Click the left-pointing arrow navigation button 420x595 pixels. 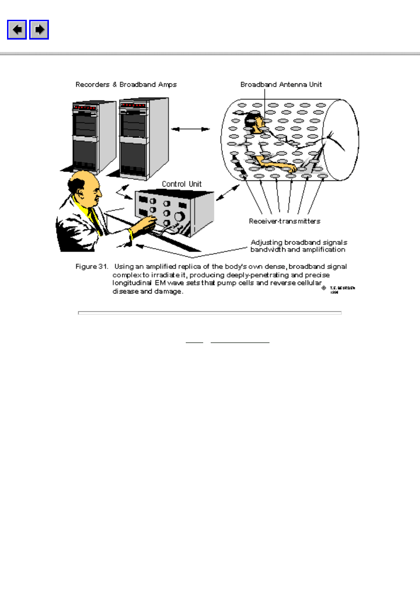pyautogui.click(x=17, y=30)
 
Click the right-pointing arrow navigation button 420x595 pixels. pyautogui.click(x=40, y=30)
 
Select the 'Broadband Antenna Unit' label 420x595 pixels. pyautogui.click(x=281, y=85)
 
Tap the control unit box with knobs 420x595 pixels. pyautogui.click(x=174, y=212)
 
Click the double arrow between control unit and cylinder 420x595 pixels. pyautogui.click(x=227, y=193)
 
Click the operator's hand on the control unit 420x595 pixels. pyautogui.click(x=150, y=221)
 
